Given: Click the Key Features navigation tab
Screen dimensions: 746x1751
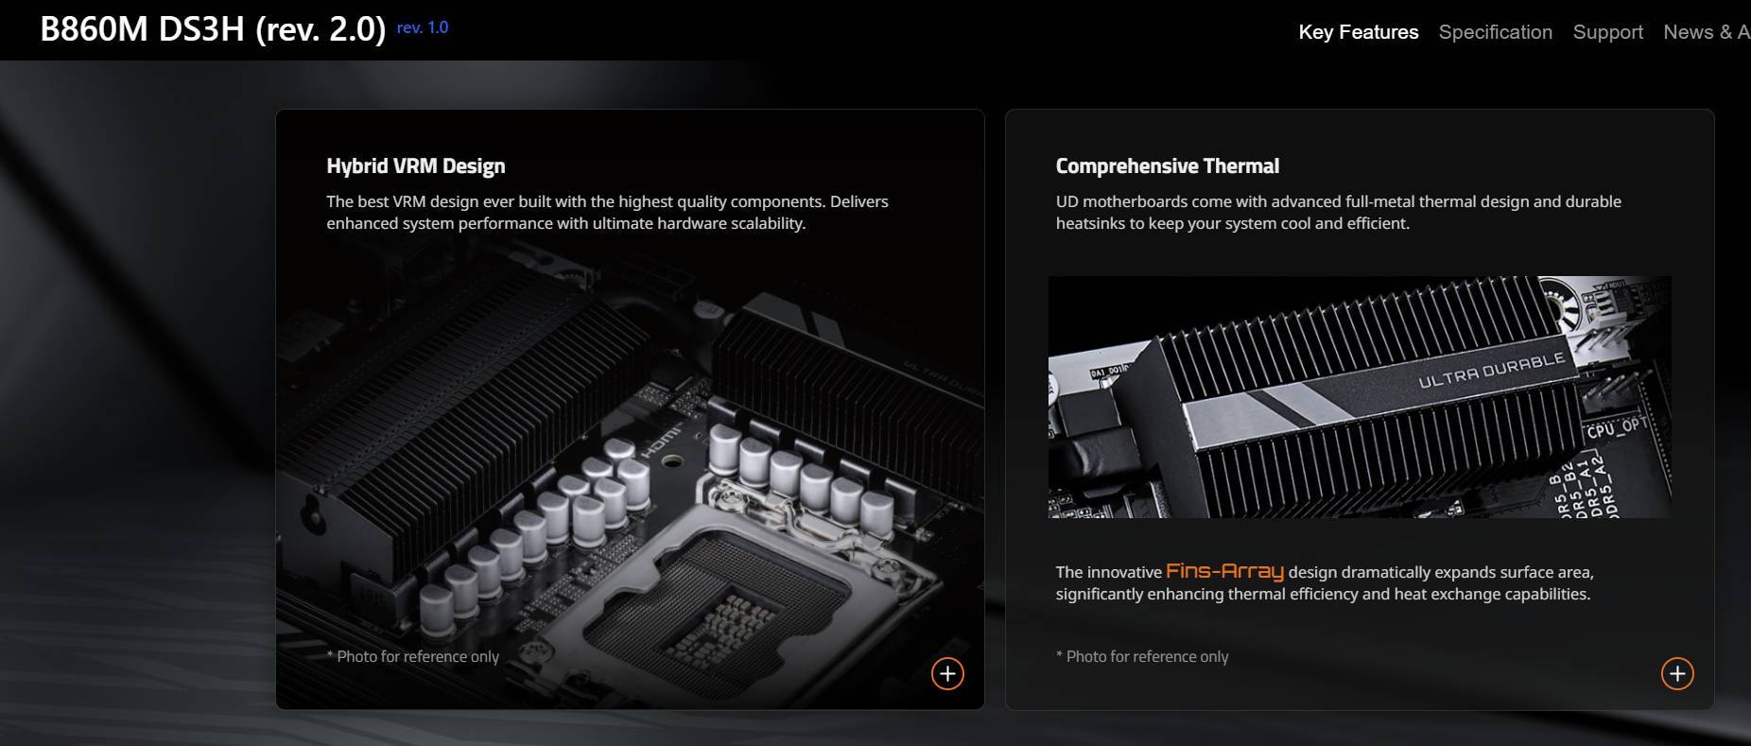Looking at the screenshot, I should (x=1358, y=32).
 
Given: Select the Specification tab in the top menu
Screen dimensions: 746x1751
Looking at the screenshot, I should (x=1495, y=32).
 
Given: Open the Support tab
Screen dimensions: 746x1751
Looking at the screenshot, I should (x=1607, y=32).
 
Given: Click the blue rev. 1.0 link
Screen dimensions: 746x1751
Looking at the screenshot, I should (x=423, y=27).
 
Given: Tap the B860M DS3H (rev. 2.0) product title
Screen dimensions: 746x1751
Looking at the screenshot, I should (x=213, y=29).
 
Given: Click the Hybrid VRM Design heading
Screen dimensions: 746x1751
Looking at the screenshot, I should (x=415, y=166).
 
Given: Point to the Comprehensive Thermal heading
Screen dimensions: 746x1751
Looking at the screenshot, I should (x=1167, y=166).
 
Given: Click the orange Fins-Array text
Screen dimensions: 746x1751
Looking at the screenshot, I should (x=1224, y=571).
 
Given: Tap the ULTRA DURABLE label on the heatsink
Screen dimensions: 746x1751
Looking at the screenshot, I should (x=1491, y=370).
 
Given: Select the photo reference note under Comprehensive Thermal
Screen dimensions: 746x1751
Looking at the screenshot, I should (x=1142, y=656).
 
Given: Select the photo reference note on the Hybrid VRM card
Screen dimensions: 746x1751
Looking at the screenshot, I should (x=413, y=656).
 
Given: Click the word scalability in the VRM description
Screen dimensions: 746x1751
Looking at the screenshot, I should (x=767, y=224).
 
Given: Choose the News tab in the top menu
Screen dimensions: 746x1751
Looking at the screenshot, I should (x=1689, y=32).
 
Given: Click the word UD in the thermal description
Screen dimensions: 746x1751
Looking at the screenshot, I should (x=1066, y=201).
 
